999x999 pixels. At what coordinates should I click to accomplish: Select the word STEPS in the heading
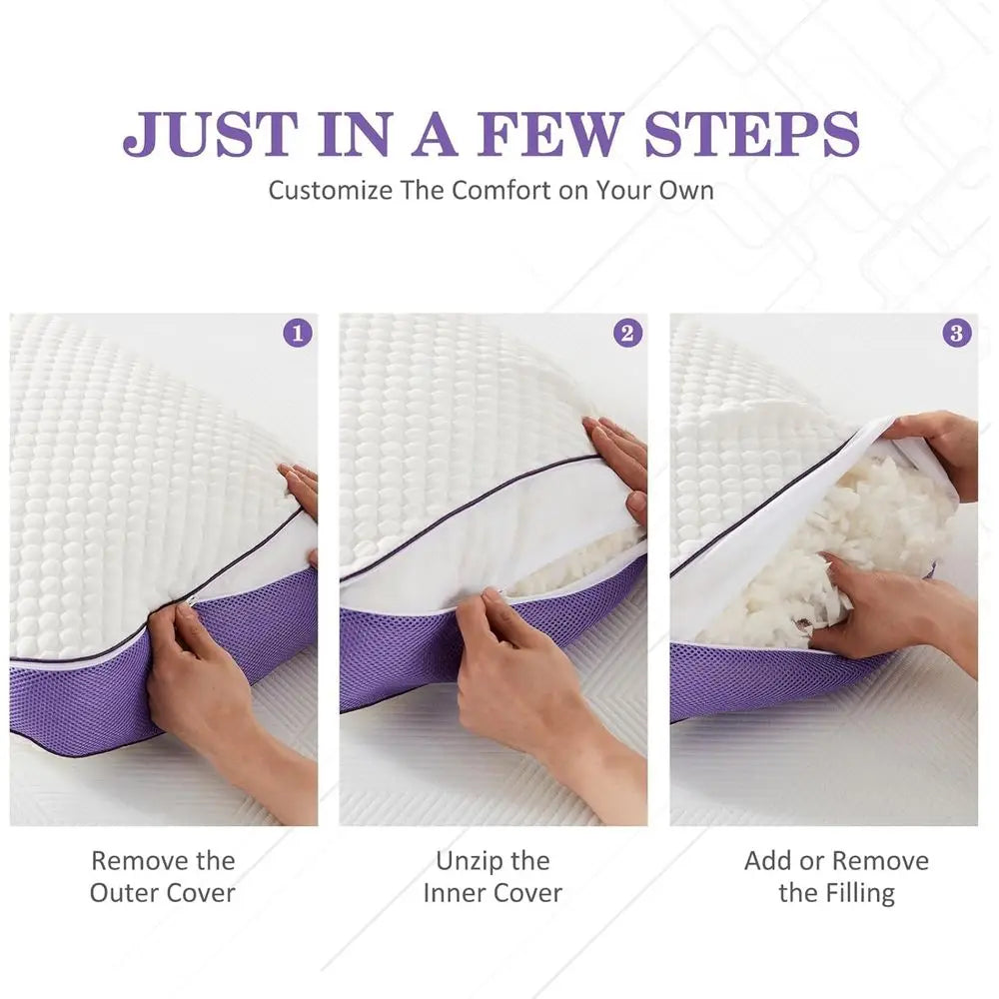click(x=751, y=134)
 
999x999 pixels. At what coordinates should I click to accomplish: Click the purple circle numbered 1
click(x=298, y=333)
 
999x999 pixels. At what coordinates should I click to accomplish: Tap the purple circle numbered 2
click(x=627, y=333)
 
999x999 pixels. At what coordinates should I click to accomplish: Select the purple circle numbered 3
click(x=957, y=333)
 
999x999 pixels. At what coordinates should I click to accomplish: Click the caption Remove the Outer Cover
click(x=163, y=876)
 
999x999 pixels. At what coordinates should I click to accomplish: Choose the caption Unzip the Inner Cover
click(x=493, y=876)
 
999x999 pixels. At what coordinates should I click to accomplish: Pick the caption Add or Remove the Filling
click(x=836, y=876)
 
